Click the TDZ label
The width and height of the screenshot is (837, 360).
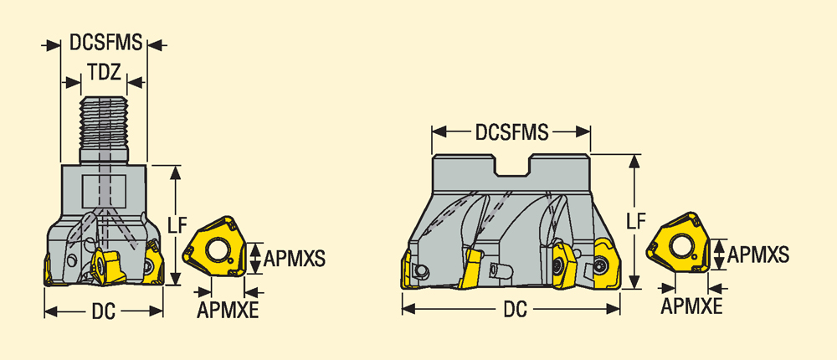click(104, 73)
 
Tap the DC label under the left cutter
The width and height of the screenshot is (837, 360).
click(104, 312)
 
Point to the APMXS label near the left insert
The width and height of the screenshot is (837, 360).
click(295, 259)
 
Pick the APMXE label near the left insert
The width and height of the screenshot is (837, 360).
click(228, 309)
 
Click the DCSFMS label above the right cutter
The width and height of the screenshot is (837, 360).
click(512, 132)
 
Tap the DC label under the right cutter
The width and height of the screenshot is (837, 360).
click(515, 309)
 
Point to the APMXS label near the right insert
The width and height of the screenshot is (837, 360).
click(758, 255)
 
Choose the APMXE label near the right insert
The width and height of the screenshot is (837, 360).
click(692, 306)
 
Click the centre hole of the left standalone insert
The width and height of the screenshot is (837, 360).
click(218, 250)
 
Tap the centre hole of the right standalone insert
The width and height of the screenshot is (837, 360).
click(680, 247)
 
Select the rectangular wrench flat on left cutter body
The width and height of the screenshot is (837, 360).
click(104, 191)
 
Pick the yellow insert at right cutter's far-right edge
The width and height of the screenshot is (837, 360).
click(608, 264)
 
